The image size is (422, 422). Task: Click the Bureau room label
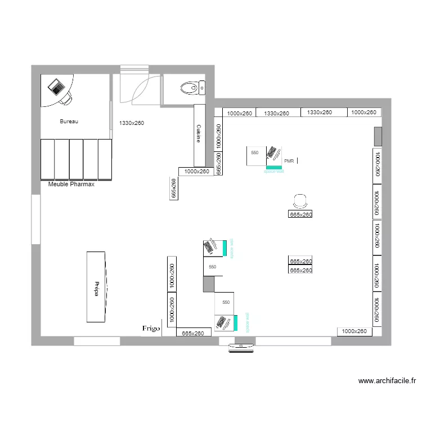click(69, 122)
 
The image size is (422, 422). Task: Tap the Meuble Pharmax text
click(71, 184)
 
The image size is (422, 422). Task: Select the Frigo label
click(151, 328)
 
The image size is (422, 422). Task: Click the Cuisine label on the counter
click(199, 133)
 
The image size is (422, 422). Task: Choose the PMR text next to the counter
click(290, 161)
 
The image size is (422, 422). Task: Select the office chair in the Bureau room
click(66, 99)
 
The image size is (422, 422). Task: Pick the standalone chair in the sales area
click(300, 200)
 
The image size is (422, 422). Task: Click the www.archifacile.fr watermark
click(387, 381)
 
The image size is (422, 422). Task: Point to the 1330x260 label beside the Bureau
click(132, 122)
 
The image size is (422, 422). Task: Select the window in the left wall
click(35, 219)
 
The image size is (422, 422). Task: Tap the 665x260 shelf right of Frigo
click(194, 333)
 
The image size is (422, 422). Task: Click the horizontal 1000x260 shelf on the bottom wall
click(355, 331)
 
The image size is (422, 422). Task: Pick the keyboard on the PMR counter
click(273, 153)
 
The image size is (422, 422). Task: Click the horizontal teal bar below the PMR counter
click(273, 167)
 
